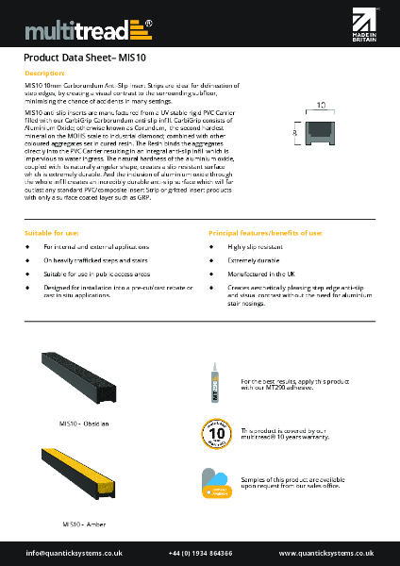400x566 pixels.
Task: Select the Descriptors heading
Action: coord(44,73)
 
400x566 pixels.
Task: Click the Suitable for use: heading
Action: coord(52,231)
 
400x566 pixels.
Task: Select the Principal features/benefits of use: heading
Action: coord(264,231)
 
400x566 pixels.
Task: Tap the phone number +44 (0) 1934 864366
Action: coord(200,552)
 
